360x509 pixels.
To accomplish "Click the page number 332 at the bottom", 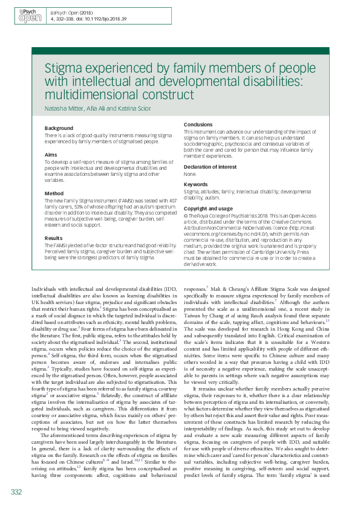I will [16, 492].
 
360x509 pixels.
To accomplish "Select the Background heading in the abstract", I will [59, 129].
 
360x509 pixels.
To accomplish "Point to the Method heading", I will [54, 193].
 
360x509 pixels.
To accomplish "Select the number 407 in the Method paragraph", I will [171, 201].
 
